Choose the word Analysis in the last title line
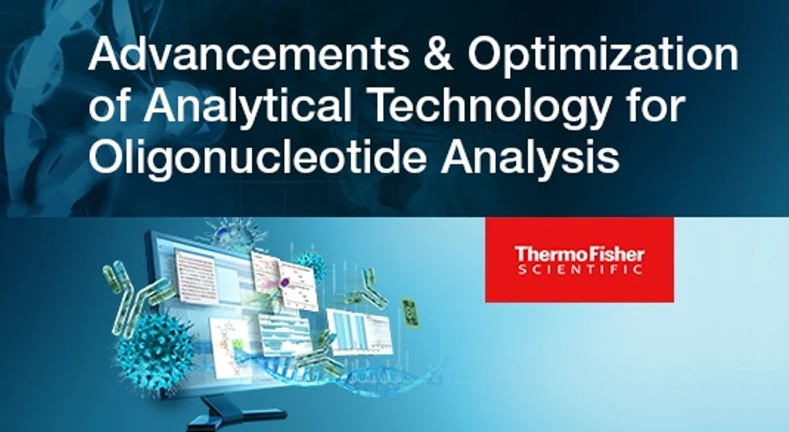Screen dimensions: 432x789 529,157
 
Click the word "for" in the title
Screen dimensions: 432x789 652,108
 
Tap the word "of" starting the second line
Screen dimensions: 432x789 107,108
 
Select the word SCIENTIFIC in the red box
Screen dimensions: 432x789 579,269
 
